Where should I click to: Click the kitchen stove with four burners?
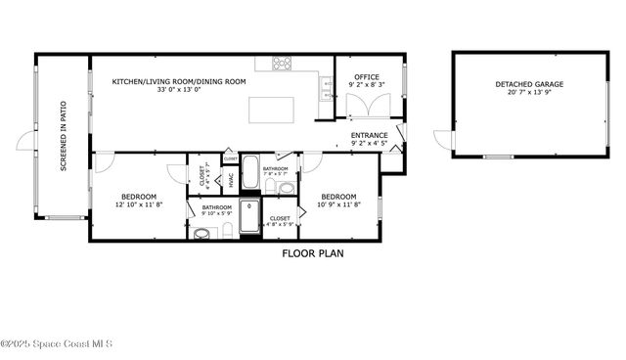tap(282, 63)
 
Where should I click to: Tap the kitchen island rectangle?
tap(271, 110)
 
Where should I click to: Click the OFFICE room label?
tap(367, 76)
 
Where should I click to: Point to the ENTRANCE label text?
tap(369, 135)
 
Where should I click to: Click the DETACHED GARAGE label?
tap(529, 85)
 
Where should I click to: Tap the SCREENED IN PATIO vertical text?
tap(64, 136)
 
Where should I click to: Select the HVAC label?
tap(231, 180)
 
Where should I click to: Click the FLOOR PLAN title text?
tap(312, 253)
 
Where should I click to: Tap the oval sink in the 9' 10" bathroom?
tap(202, 233)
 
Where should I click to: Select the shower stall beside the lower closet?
tap(249, 217)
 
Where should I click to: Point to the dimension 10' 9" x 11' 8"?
tap(337, 205)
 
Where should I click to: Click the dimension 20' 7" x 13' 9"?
tap(529, 95)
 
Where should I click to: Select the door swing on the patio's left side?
tap(24, 142)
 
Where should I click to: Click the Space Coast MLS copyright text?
tap(57, 343)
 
